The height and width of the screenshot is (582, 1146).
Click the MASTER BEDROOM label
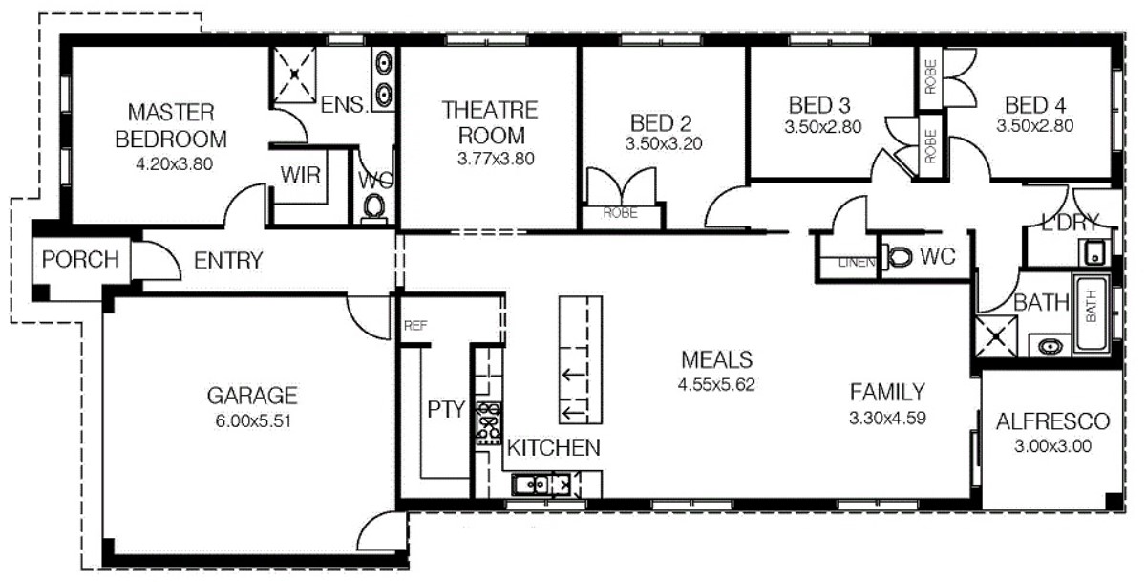[171, 125]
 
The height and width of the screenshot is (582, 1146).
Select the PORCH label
[80, 259]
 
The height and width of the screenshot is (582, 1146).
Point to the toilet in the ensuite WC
[373, 205]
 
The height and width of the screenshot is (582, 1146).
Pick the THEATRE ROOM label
[490, 122]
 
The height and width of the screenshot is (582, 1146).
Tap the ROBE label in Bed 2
[622, 214]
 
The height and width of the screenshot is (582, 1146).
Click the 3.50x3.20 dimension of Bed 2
[663, 144]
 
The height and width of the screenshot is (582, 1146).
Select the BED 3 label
[819, 104]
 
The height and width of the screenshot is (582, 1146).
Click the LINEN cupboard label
[857, 262]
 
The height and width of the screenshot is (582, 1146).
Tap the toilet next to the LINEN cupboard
[899, 256]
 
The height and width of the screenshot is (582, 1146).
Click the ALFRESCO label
[1052, 421]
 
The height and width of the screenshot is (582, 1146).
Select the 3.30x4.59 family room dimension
[888, 417]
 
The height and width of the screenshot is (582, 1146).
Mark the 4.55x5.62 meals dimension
[716, 384]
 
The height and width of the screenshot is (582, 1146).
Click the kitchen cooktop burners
[489, 423]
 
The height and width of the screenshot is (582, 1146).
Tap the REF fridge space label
[414, 326]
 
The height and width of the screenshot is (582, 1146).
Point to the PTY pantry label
[445, 411]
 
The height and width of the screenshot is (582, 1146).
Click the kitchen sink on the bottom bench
[528, 485]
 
